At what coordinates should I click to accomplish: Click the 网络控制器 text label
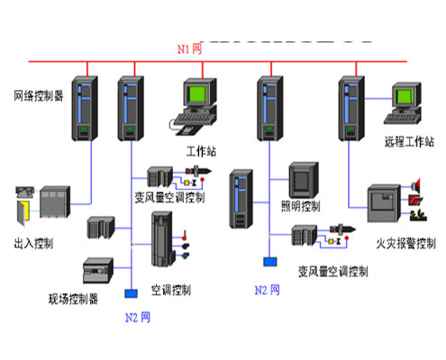click(x=38, y=94)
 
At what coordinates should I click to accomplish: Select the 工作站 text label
click(x=202, y=150)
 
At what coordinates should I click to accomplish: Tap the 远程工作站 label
click(x=409, y=141)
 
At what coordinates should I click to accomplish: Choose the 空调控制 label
click(x=169, y=290)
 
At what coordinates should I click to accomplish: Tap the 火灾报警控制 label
click(x=405, y=244)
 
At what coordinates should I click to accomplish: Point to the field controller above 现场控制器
click(x=97, y=272)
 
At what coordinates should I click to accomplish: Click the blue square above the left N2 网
click(x=131, y=293)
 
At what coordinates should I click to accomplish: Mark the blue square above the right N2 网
click(x=269, y=262)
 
